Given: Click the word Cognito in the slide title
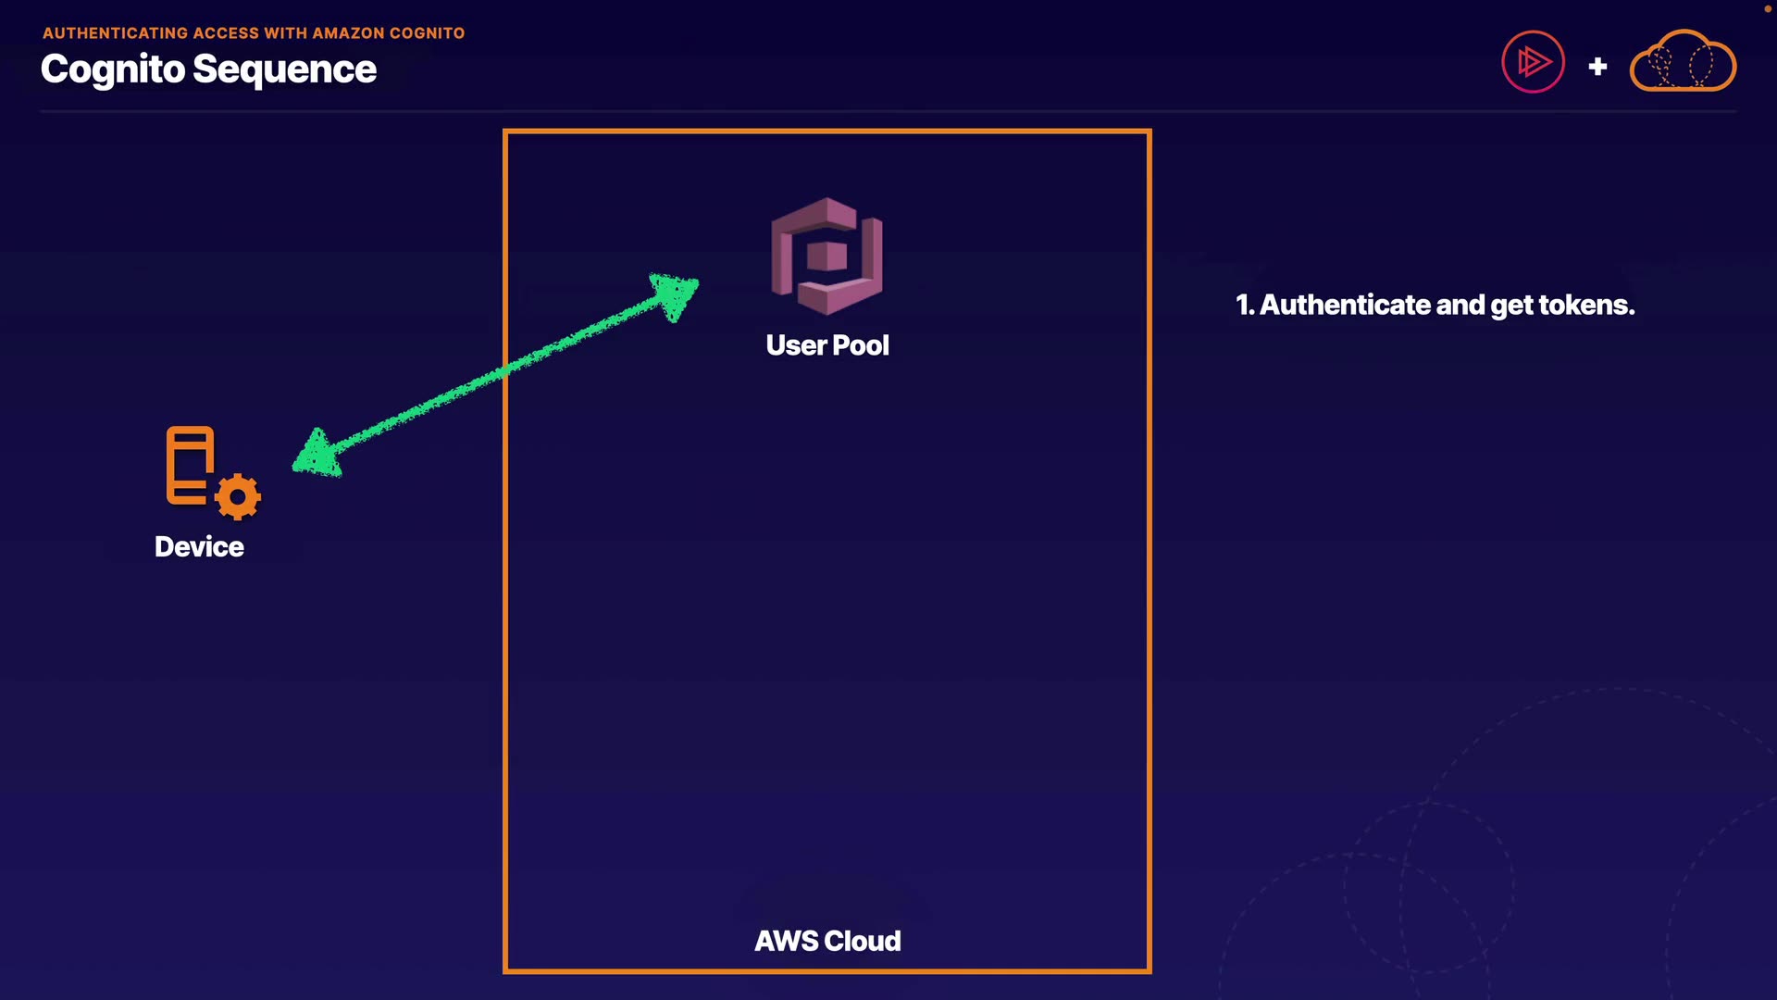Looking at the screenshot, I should tap(113, 69).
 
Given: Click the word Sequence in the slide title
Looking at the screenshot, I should tap(284, 69).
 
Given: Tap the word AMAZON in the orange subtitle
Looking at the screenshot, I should tap(348, 33).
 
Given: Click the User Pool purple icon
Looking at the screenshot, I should tap(826, 256).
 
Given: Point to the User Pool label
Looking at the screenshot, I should tap(827, 345).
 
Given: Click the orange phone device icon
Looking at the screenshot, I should tap(190, 465).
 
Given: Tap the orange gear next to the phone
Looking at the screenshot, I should tap(238, 497).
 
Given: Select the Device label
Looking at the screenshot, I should tap(199, 546).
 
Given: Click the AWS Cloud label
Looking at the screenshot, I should tap(827, 941).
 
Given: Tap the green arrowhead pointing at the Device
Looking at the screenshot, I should tap(317, 455).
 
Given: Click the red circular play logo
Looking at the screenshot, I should tap(1533, 63).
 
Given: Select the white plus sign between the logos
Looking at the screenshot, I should tap(1597, 67).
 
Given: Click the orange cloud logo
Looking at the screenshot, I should tap(1683, 63).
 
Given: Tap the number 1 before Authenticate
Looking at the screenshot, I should tap(1243, 305).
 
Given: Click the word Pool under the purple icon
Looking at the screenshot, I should tap(861, 345).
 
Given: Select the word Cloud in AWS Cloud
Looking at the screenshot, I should tap(862, 941).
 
